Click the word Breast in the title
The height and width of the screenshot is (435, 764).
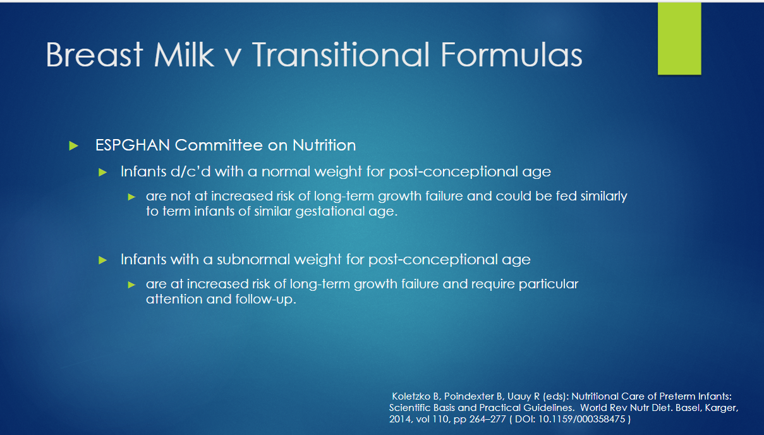(x=94, y=54)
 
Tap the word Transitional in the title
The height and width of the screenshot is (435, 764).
(x=341, y=54)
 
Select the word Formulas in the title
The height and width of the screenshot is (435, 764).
(x=512, y=54)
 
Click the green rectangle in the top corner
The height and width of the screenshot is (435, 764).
(x=679, y=39)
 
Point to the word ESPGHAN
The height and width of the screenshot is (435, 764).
(x=133, y=145)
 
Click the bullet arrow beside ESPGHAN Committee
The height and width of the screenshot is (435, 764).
(x=73, y=146)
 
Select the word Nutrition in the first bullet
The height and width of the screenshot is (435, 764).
(x=324, y=145)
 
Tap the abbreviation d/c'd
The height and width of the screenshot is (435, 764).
(x=191, y=171)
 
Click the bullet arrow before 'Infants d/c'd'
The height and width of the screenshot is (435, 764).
(x=102, y=173)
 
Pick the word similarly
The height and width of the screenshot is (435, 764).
(x=603, y=197)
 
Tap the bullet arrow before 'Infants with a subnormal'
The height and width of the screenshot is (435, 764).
(x=102, y=260)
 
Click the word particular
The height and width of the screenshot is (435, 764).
(x=549, y=285)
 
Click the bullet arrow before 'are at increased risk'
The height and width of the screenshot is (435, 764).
(x=131, y=285)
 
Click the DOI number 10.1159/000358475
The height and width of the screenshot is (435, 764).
(x=581, y=419)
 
